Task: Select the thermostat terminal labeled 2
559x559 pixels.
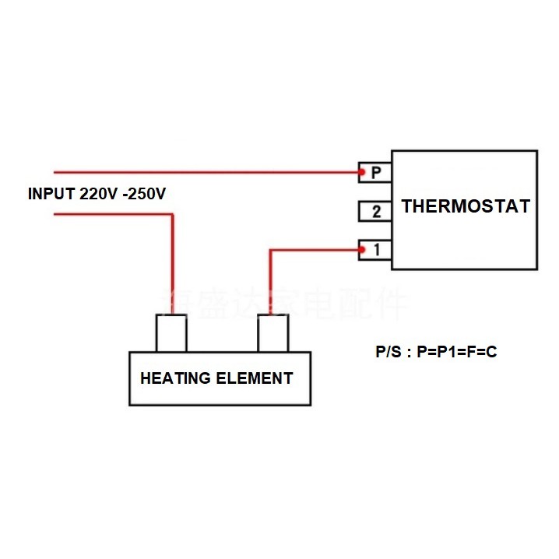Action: click(375, 211)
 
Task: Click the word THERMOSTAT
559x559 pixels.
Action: click(466, 206)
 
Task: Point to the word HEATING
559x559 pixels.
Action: click(175, 378)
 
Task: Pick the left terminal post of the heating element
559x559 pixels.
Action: click(171, 333)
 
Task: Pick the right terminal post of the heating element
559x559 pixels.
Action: click(273, 333)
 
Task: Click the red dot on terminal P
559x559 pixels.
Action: click(362, 171)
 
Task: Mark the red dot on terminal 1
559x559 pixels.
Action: click(362, 250)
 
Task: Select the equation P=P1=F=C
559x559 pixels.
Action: click(457, 352)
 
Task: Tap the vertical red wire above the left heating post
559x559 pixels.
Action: click(171, 265)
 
